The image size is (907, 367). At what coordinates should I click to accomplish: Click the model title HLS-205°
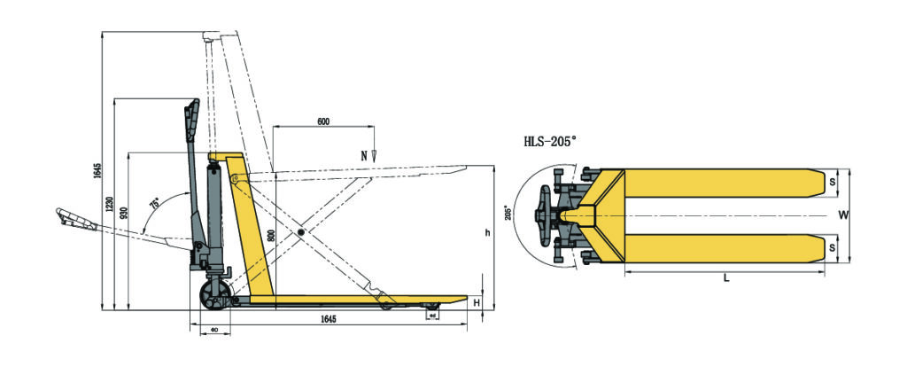[x=562, y=140]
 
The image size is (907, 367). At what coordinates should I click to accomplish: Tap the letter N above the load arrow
[x=363, y=155]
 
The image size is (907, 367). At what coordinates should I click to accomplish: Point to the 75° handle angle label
[x=155, y=204]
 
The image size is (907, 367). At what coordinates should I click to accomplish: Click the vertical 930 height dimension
[x=124, y=213]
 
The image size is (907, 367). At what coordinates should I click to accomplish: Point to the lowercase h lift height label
[x=486, y=233]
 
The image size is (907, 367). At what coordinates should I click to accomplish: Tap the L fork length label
[x=725, y=278]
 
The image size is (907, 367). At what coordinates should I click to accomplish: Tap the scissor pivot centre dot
[x=302, y=232]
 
